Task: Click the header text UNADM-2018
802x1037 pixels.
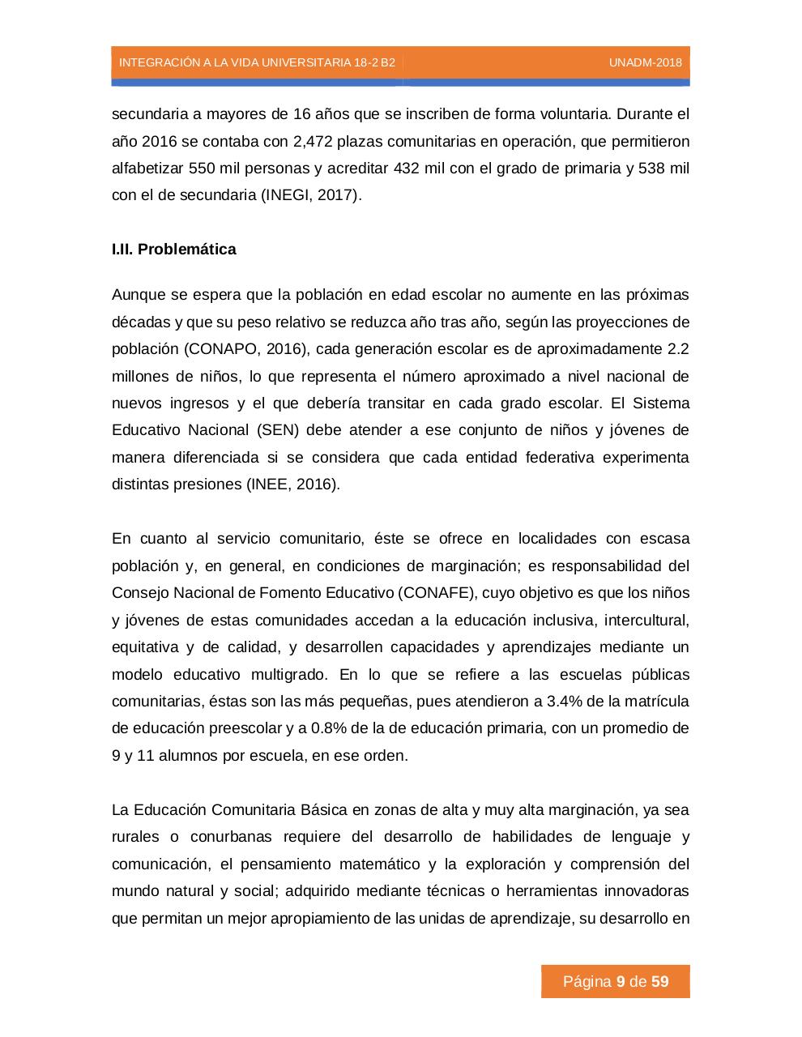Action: [x=645, y=62]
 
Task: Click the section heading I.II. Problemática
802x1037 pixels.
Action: [x=174, y=250]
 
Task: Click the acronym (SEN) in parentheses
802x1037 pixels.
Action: [x=279, y=430]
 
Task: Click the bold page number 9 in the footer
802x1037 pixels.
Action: [x=621, y=982]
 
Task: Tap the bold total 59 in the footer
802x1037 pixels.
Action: [x=659, y=982]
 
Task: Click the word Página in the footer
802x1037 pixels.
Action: [x=587, y=982]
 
